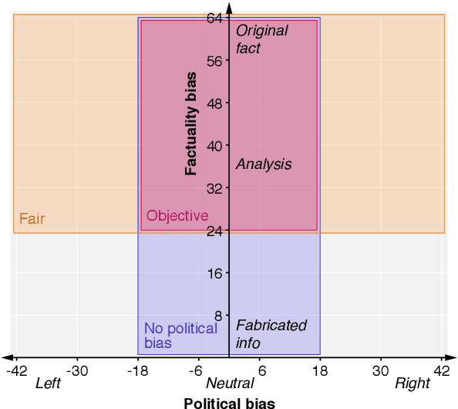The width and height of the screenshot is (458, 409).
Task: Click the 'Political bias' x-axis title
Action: (x=229, y=402)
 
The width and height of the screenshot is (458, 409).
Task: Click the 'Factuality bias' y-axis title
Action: (x=191, y=123)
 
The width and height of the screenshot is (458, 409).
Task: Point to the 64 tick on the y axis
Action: (x=214, y=19)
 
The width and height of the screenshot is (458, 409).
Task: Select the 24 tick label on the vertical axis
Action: (x=214, y=231)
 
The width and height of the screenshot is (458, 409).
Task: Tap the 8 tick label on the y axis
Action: (x=217, y=316)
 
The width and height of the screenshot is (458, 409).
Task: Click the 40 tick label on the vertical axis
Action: (x=214, y=146)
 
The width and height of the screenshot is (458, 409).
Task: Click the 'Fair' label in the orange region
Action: (x=32, y=219)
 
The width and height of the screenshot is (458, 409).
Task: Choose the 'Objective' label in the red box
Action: (x=177, y=216)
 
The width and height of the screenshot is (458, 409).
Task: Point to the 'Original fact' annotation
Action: (x=261, y=39)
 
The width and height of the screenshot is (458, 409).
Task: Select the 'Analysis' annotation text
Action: (x=264, y=164)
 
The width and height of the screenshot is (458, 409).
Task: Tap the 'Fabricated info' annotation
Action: (x=271, y=334)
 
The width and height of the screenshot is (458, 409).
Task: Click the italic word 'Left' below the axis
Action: (x=48, y=384)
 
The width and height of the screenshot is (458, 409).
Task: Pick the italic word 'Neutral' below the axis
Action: (x=230, y=384)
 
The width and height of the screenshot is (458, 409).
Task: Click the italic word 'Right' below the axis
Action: (x=413, y=384)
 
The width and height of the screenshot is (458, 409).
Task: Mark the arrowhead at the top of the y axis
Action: (x=229, y=6)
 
